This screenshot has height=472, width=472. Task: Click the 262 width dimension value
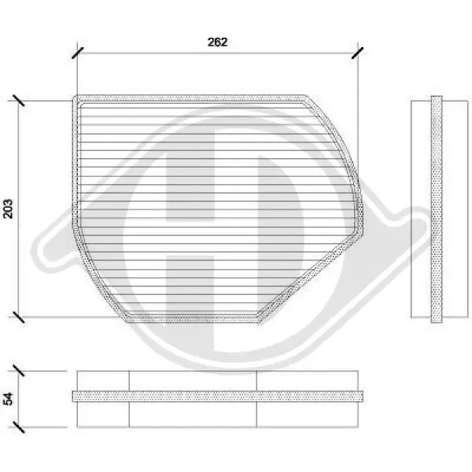click(217, 42)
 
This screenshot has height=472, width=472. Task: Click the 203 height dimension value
click(8, 208)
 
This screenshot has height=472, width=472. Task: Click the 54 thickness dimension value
click(8, 399)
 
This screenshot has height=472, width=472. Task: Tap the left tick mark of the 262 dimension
click(78, 53)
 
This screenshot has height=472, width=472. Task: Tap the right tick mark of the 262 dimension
click(358, 53)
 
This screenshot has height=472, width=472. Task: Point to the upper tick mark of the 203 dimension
click(19, 100)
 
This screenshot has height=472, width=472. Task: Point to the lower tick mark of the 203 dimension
click(19, 317)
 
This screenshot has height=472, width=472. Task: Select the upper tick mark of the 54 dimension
click(19, 371)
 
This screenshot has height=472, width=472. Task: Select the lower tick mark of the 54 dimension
click(19, 427)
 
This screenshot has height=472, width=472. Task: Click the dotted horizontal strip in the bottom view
click(217, 396)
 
